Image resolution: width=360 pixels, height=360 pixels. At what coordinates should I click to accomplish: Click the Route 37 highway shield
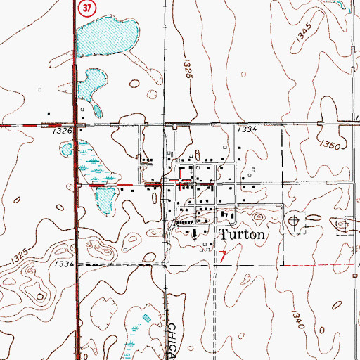point(86,8)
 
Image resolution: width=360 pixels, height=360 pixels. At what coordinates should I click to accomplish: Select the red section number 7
point(223,257)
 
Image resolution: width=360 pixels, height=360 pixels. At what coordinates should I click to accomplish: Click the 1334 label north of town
point(246,131)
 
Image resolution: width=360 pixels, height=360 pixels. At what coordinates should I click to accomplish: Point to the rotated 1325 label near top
point(188,74)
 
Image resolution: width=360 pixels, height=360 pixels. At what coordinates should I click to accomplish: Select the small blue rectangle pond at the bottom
point(146,319)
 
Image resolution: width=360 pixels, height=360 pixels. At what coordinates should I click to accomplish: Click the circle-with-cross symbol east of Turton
point(292,221)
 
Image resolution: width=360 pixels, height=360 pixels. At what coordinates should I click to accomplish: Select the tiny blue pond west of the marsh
point(65,148)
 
